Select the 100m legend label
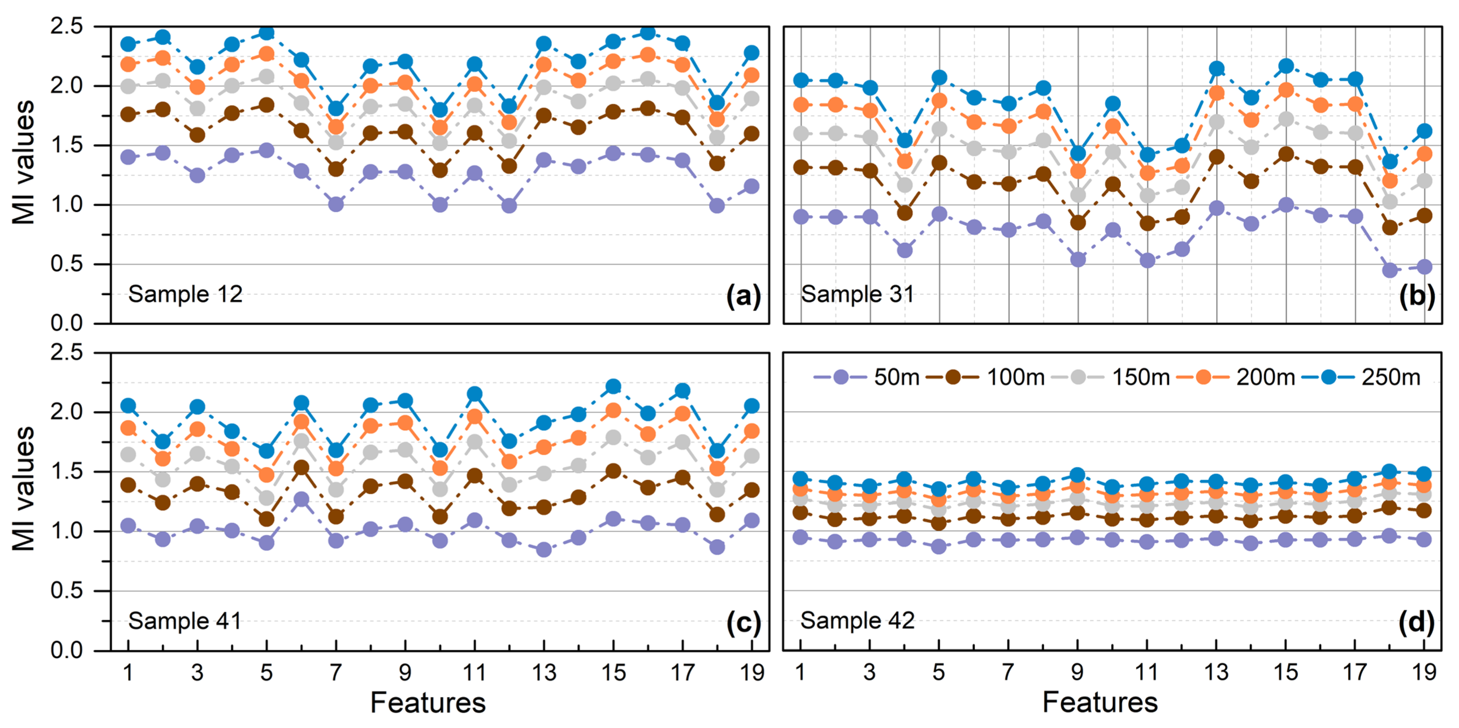pos(1016,377)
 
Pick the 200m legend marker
pos(1203,377)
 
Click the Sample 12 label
pos(185,294)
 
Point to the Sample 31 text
pos(858,294)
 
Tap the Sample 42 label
pos(858,620)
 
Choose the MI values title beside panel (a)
pos(24,163)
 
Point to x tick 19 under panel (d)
pos(1424,672)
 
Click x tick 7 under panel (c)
pos(336,672)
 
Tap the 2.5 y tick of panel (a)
pos(66,26)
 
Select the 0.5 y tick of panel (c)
pos(66,591)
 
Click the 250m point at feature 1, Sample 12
pos(128,44)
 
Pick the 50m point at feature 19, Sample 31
pos(1424,267)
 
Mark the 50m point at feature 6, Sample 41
pos(301,499)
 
